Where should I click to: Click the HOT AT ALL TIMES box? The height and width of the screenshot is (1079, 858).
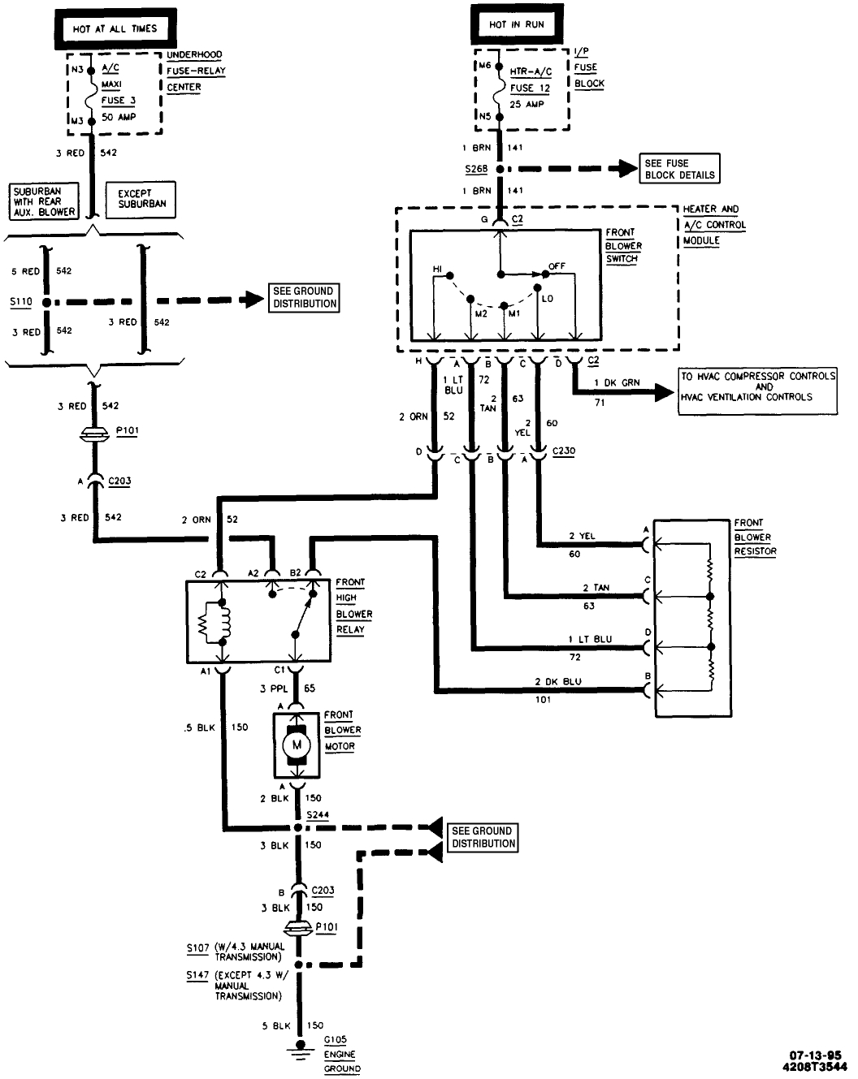pos(115,28)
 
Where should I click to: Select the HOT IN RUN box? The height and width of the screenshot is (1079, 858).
pos(517,25)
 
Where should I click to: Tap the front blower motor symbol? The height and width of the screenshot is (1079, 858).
pos(296,745)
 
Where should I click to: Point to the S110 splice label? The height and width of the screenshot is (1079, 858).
pos(21,302)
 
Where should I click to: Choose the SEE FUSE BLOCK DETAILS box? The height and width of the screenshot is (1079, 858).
pos(679,169)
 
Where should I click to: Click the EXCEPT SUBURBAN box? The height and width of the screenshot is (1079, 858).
pos(141,199)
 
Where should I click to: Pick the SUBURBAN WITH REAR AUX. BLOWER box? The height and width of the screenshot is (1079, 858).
pos(44,201)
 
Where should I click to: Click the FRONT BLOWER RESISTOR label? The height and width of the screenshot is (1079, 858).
pos(755,537)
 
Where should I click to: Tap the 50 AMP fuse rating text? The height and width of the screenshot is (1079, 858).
pos(119,117)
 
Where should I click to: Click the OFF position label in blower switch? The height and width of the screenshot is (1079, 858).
pos(557,266)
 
